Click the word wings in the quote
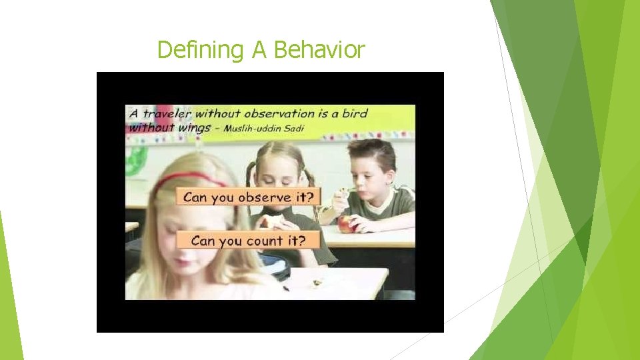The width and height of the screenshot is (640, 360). point(195,127)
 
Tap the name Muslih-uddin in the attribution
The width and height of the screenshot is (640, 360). point(252,128)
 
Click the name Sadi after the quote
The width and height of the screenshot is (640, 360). point(293,128)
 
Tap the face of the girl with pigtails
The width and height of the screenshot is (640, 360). point(281,174)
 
